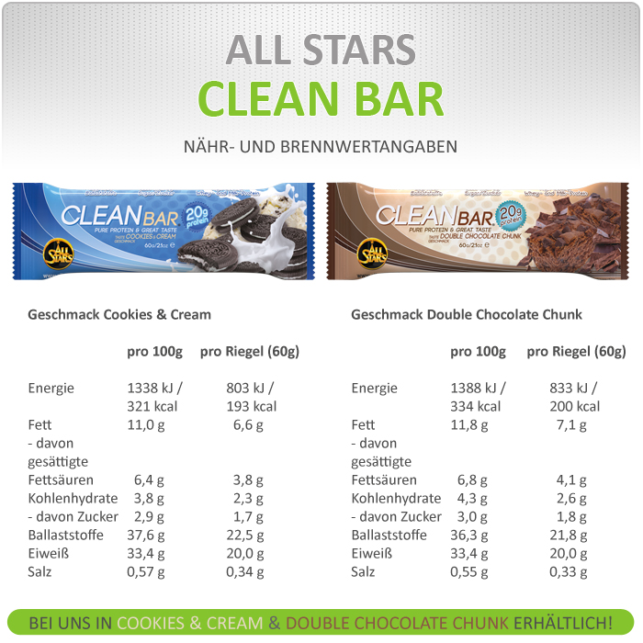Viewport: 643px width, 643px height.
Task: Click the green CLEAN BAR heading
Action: click(321, 99)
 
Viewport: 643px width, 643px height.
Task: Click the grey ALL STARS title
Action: click(321, 50)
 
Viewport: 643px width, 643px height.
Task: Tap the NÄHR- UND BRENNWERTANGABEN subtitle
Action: click(321, 147)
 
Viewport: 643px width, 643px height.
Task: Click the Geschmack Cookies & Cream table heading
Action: click(119, 314)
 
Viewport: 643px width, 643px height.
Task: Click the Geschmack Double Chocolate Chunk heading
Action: click(467, 314)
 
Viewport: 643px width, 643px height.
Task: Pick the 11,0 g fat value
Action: click(145, 424)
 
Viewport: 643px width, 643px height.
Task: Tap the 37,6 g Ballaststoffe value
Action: click(145, 535)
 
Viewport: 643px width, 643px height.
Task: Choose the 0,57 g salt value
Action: click(145, 571)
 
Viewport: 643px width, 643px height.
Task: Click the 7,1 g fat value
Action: click(570, 424)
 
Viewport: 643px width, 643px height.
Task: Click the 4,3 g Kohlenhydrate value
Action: click(472, 498)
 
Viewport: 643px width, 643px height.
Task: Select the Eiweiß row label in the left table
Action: click(47, 553)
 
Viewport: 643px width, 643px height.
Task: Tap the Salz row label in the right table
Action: click(364, 571)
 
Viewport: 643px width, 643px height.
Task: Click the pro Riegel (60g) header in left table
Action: click(250, 352)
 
